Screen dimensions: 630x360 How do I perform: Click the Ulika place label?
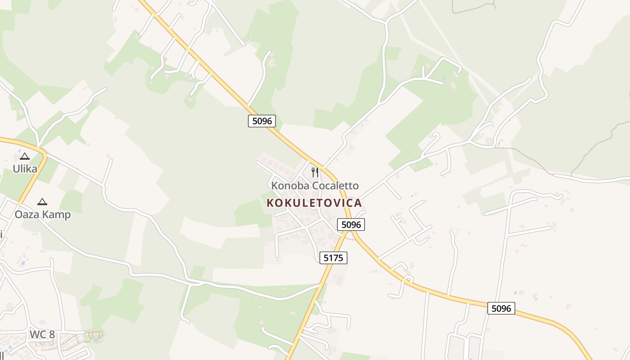tap(25, 169)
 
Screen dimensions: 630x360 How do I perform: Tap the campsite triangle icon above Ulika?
tap(25, 157)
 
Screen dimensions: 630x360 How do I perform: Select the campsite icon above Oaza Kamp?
tap(42, 202)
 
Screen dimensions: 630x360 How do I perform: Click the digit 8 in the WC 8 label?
tap(52, 334)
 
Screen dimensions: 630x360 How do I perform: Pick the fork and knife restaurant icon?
tap(315, 172)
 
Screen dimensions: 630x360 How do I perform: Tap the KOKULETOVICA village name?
tap(314, 203)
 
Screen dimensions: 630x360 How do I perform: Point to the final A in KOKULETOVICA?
tap(358, 203)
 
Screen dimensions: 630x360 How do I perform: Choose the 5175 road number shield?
tap(333, 258)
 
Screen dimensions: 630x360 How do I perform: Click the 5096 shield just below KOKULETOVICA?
tap(351, 225)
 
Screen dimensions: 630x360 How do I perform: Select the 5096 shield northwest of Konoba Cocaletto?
tap(262, 121)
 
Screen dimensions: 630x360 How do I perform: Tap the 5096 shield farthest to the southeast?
tap(501, 308)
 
